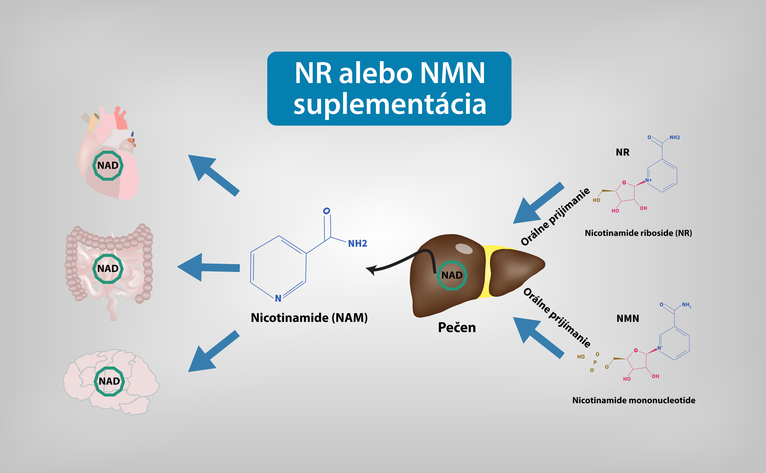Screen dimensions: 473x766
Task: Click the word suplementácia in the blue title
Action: [x=390, y=104]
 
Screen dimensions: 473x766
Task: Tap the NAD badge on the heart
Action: [x=108, y=166]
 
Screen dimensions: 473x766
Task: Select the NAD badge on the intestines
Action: [x=108, y=269]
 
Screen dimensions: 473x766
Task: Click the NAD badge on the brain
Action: [x=109, y=381]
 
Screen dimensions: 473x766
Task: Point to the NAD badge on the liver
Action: [x=452, y=275]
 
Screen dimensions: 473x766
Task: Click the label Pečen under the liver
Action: [x=457, y=327]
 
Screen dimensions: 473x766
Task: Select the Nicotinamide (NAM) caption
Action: [x=309, y=318]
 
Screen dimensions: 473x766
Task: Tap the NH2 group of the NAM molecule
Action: [x=357, y=244]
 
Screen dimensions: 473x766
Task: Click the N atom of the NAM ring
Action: [x=278, y=298]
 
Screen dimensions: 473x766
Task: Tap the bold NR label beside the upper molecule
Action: [x=622, y=152]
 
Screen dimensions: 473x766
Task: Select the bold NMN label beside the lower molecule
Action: [x=628, y=319]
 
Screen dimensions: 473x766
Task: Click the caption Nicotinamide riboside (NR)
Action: [x=638, y=233]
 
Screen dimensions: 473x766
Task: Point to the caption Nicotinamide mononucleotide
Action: [x=634, y=400]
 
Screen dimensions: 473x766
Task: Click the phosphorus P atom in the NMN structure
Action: [x=595, y=363]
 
